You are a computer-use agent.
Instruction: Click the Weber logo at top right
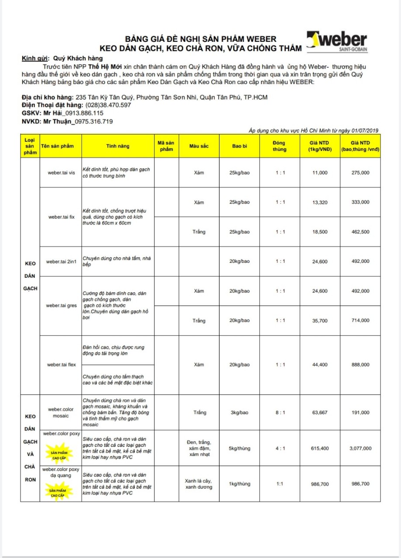pos(336,42)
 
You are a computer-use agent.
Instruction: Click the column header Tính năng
pos(118,146)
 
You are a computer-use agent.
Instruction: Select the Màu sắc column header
pos(199,146)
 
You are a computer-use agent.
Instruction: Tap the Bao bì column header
pos(240,146)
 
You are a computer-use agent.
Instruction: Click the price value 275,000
pos(360,173)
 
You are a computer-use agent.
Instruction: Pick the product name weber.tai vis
pos(61,173)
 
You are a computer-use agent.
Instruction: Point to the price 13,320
pos(320,202)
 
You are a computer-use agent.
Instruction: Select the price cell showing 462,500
pos(360,232)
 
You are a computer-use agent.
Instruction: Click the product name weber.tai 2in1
pos(61,262)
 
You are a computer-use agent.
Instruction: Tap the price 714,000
pos(360,321)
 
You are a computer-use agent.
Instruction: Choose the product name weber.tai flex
pos(61,365)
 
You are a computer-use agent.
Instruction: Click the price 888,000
pos(360,365)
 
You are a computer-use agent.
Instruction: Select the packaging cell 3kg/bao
pos(240,412)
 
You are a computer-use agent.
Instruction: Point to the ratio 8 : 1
pos(280,412)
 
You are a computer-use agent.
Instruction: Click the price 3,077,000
pos(360,448)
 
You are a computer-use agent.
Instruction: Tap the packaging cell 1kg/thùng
pos(240,483)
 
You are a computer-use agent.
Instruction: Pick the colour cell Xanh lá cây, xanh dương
pos(199,483)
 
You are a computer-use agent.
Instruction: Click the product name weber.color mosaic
pos(61,412)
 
